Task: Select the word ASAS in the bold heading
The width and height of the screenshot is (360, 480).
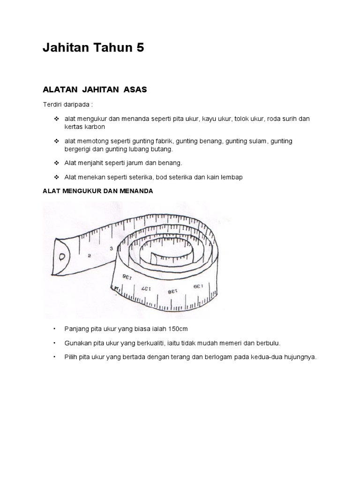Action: tap(135, 90)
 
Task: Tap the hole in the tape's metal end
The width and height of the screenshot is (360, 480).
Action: tap(61, 257)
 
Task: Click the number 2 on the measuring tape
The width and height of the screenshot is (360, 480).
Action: tap(89, 255)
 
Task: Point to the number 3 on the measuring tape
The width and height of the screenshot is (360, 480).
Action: tap(111, 249)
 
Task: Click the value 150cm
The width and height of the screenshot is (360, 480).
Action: tap(178, 329)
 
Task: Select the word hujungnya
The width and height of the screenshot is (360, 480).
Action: tap(298, 357)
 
